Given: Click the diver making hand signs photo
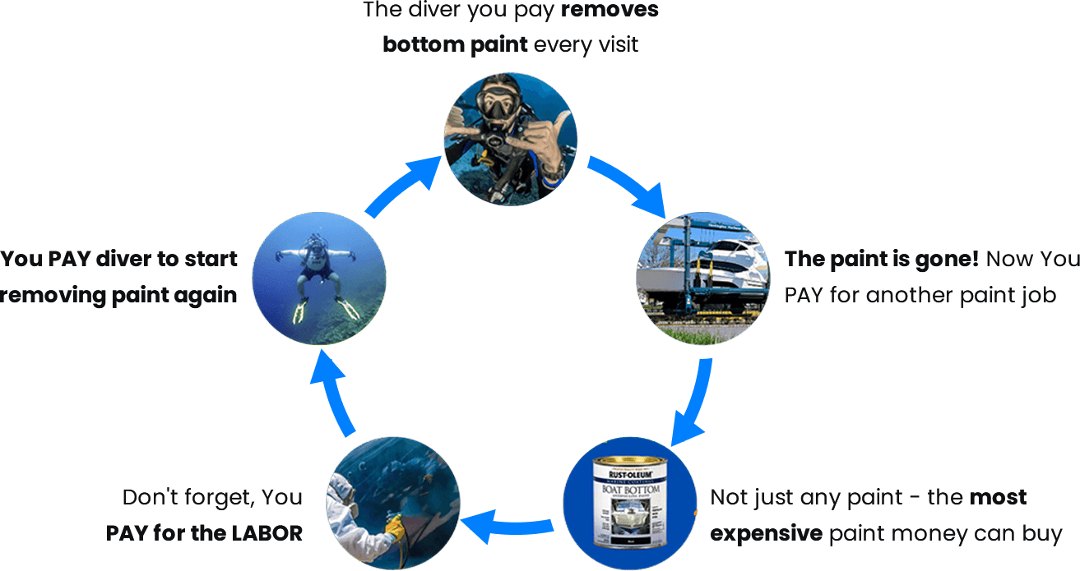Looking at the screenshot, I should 510,138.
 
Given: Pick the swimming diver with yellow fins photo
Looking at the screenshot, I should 318,279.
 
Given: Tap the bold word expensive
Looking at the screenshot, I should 766,533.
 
